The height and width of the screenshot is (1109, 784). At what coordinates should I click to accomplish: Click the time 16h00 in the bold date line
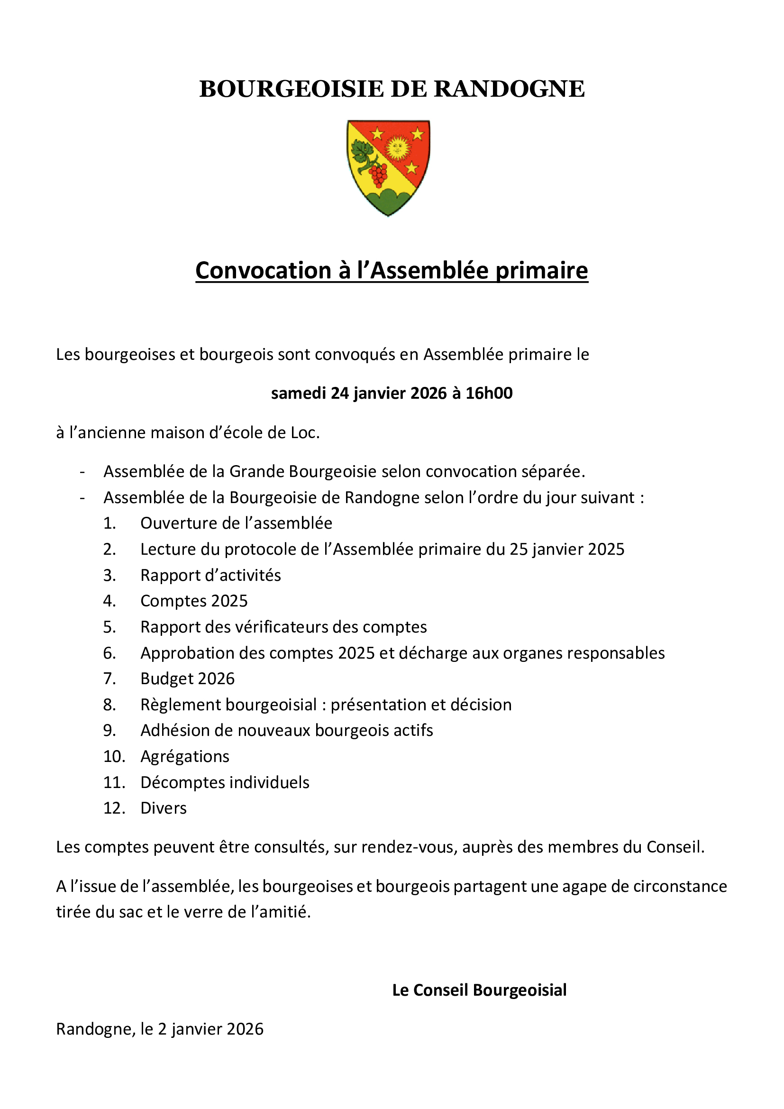489,394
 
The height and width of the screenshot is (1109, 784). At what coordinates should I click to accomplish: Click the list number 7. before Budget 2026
109,679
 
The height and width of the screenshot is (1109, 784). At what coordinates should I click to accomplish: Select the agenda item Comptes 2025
193,601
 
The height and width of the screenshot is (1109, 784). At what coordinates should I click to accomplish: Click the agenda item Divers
163,808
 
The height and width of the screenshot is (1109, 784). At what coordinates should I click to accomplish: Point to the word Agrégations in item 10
185,757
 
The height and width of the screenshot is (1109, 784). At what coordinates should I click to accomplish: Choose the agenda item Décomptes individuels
225,782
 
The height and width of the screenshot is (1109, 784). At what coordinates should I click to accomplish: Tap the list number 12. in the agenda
114,808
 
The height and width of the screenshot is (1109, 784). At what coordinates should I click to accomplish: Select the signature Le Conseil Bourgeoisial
479,990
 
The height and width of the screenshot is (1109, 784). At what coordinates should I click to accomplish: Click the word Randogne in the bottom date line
94,1029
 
